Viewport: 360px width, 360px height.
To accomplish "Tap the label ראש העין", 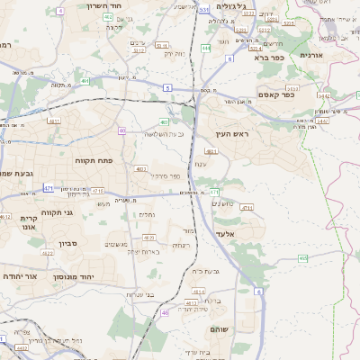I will (x=231, y=134).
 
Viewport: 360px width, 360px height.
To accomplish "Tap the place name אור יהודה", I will (x=21, y=277).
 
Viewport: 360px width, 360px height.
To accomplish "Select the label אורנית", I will (x=335, y=55).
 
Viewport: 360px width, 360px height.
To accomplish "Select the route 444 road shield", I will (x=206, y=48).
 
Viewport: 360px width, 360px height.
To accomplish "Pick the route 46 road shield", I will (x=166, y=312).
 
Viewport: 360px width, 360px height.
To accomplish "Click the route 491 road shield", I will (x=85, y=81).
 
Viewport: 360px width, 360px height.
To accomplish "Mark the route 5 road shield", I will (x=167, y=87).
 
